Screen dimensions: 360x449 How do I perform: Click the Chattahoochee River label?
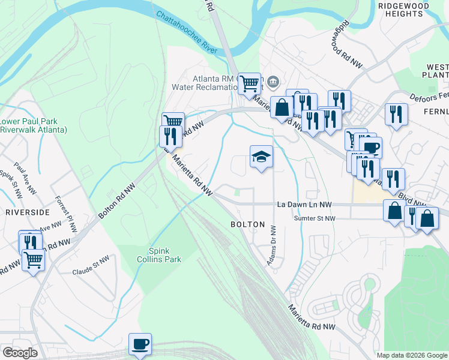(x=185, y=32)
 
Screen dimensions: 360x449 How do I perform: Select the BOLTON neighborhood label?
(x=247, y=224)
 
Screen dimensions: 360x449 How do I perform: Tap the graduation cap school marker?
(x=261, y=157)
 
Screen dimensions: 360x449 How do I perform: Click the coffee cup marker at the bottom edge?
(x=140, y=344)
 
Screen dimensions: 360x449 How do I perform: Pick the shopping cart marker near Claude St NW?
(x=33, y=260)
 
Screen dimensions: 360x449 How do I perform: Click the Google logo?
(x=20, y=352)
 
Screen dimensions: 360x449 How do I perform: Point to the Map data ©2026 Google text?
(x=411, y=355)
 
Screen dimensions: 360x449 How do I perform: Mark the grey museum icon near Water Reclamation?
(x=273, y=80)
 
